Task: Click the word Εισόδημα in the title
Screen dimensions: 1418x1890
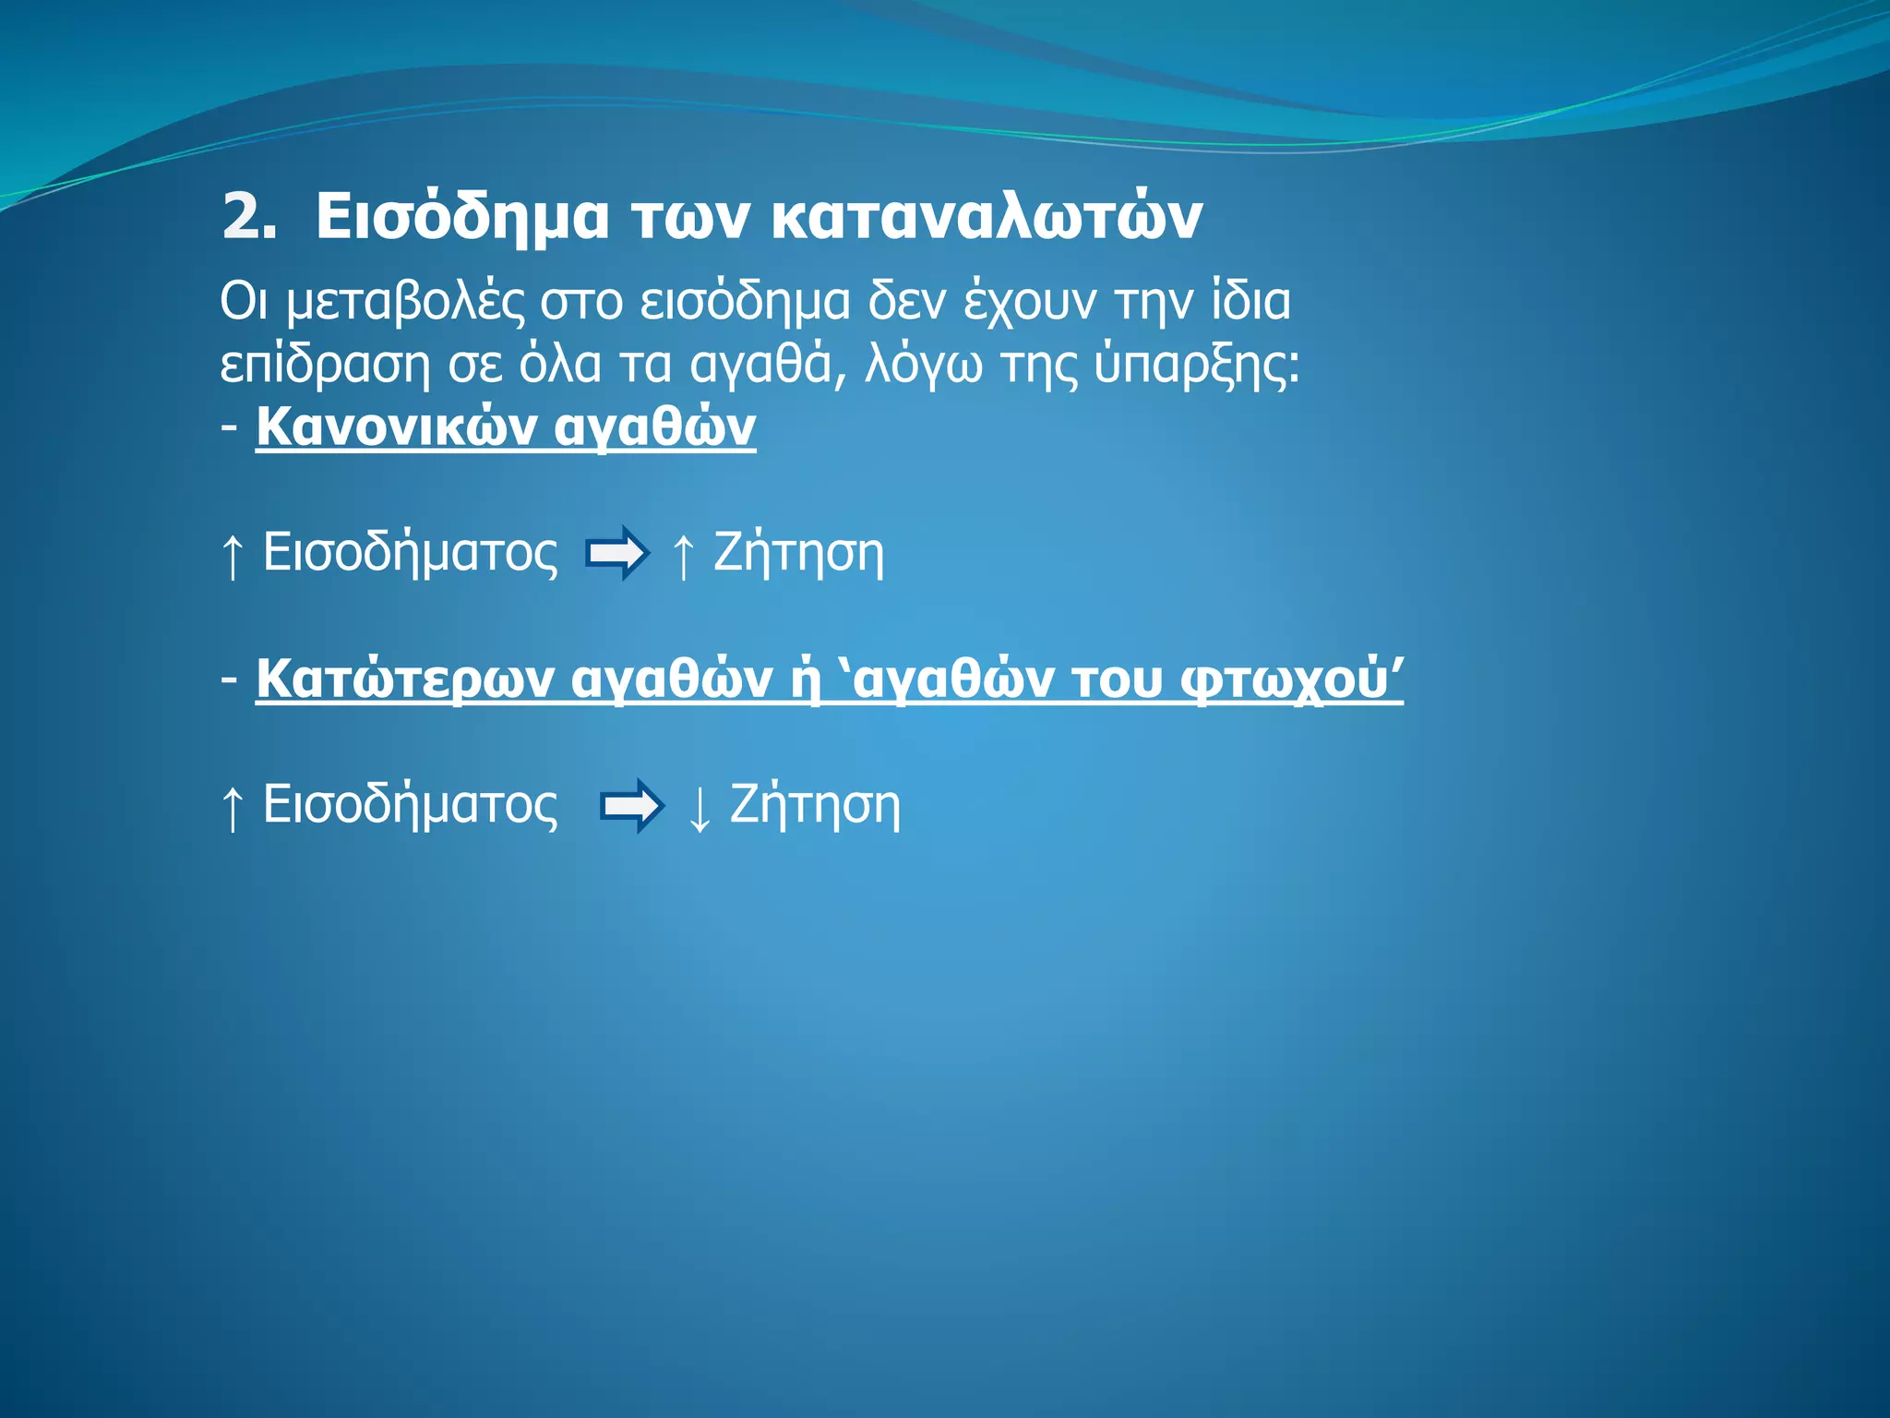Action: click(461, 218)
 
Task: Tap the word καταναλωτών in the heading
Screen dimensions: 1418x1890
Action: click(985, 218)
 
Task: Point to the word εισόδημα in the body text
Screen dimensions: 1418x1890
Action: click(744, 303)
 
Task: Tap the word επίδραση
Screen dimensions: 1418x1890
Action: click(325, 365)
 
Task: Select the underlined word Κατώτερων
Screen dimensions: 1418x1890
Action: click(405, 679)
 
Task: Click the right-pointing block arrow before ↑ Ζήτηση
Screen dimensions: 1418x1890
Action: click(616, 554)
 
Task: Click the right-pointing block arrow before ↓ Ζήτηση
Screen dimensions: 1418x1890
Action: click(631, 806)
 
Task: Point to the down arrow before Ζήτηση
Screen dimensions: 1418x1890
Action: click(700, 808)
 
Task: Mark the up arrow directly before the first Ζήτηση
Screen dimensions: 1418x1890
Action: click(683, 556)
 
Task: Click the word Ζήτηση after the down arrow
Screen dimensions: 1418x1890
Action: click(815, 805)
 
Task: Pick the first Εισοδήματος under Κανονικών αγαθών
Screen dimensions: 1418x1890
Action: click(410, 554)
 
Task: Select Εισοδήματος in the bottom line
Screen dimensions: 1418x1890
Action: click(410, 806)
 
